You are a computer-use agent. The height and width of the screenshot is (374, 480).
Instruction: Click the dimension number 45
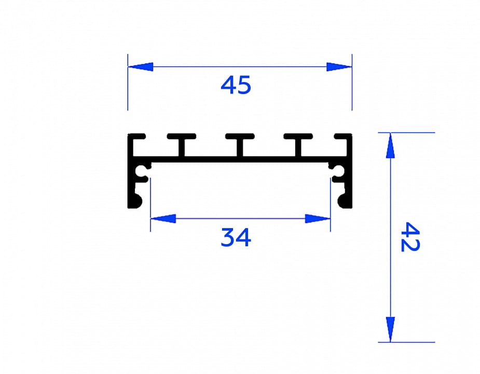(x=236, y=85)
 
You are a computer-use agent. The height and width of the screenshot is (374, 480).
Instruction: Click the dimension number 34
(x=236, y=237)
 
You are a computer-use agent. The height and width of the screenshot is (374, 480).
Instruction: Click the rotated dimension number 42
(x=410, y=237)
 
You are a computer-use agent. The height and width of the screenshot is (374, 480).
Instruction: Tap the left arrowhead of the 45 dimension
(x=140, y=67)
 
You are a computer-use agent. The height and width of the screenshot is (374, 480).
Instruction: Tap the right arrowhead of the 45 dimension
(x=339, y=67)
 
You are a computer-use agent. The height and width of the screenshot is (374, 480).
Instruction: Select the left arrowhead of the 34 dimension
(x=163, y=219)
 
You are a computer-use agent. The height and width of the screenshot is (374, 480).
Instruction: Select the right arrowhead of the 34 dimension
(x=318, y=219)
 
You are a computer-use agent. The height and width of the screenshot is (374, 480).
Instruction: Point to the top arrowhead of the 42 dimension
(x=390, y=145)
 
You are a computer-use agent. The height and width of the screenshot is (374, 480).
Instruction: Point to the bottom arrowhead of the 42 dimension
(x=390, y=329)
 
